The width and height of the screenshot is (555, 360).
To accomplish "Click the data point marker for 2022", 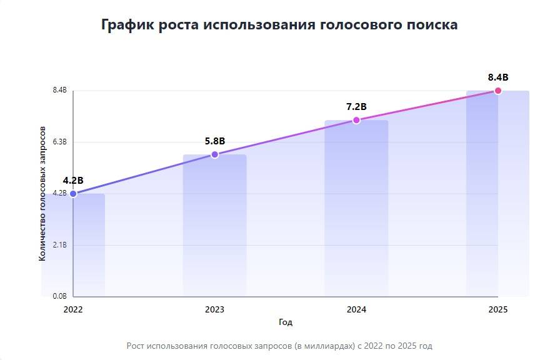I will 73,194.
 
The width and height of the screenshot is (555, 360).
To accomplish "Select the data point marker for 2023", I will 214,154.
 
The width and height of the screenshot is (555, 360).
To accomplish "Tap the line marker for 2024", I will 356,120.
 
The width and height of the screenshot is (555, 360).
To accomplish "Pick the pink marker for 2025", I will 498,91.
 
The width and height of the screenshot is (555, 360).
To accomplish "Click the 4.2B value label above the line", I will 73,180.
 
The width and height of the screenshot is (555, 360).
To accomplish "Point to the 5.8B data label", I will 214,141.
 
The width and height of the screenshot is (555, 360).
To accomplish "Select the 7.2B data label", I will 356,106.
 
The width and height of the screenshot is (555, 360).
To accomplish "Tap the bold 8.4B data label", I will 498,77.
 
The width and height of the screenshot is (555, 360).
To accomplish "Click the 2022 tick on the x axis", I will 73,309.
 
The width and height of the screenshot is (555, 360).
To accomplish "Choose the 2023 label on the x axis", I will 214,309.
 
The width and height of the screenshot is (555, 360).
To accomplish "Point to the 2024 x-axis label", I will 356,309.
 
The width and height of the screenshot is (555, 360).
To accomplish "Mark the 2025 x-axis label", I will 498,309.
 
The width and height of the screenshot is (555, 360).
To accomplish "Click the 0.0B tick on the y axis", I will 59,296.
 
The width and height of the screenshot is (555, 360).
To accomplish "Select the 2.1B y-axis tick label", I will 59,245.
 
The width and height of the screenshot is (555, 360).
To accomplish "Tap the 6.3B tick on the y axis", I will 59,142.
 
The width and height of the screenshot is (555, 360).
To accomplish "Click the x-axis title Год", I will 286,322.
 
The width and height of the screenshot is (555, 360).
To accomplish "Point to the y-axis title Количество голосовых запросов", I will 42,194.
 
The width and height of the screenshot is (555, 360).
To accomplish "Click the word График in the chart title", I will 127,25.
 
